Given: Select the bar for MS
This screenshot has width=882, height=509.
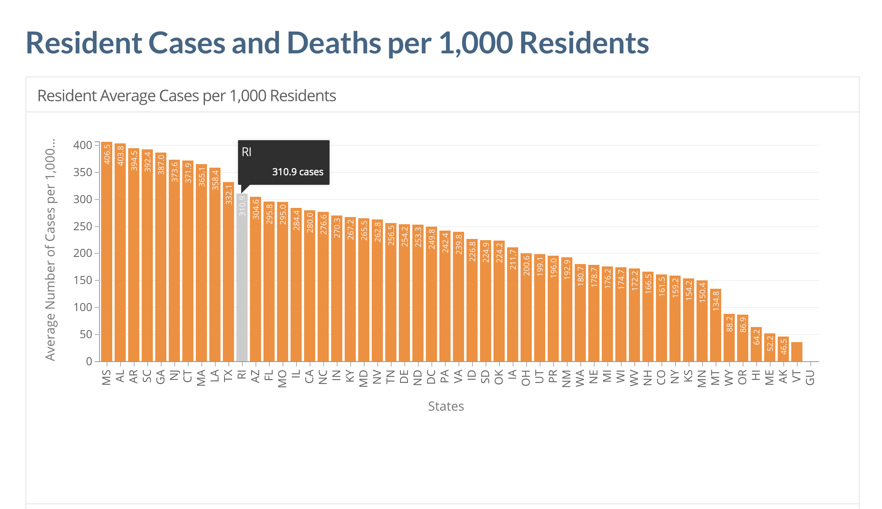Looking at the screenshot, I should [x=107, y=259].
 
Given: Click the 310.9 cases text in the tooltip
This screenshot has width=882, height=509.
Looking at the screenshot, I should [x=298, y=172].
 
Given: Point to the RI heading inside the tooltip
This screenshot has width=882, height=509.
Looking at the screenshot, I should [x=247, y=152].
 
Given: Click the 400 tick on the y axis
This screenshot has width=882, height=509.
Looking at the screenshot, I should [x=83, y=145].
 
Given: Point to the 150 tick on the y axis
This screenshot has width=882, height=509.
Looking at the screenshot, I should [x=83, y=280].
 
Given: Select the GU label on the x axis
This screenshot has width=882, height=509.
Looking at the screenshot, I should [x=810, y=377].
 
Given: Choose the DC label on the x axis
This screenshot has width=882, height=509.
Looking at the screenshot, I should [x=431, y=377].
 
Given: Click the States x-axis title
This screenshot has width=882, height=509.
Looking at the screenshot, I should [x=446, y=406].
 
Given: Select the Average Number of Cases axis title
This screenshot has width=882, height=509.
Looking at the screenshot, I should [x=51, y=250].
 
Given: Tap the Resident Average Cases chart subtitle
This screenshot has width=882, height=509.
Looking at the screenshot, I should [x=187, y=96].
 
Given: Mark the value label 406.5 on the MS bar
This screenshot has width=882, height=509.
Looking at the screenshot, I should [x=107, y=154].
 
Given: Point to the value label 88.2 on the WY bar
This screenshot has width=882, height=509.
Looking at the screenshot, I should [x=729, y=324].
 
